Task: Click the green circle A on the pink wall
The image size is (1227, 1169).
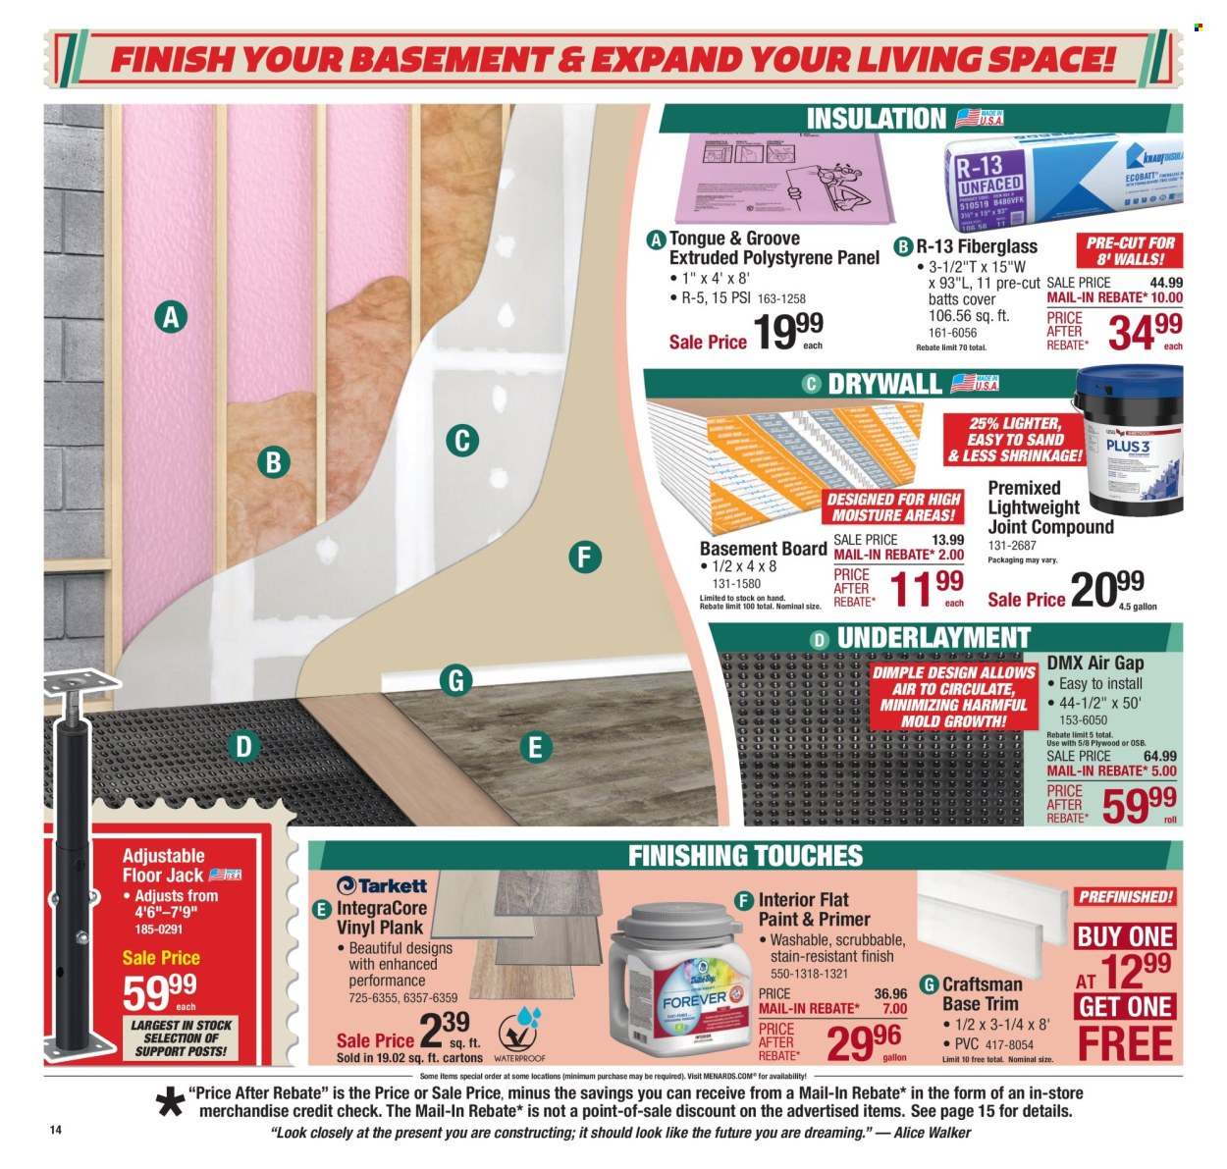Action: [x=171, y=317]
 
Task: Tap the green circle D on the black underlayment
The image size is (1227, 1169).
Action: [x=242, y=747]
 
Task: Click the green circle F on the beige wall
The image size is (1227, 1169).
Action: [x=583, y=558]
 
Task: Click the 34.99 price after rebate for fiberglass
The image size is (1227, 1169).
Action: [x=1145, y=333]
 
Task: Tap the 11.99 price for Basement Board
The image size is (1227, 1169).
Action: [x=927, y=588]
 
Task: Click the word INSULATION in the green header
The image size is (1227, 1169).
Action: [x=876, y=119]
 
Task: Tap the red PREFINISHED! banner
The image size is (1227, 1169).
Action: [x=1125, y=896]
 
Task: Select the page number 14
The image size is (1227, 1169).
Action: [x=56, y=1130]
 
